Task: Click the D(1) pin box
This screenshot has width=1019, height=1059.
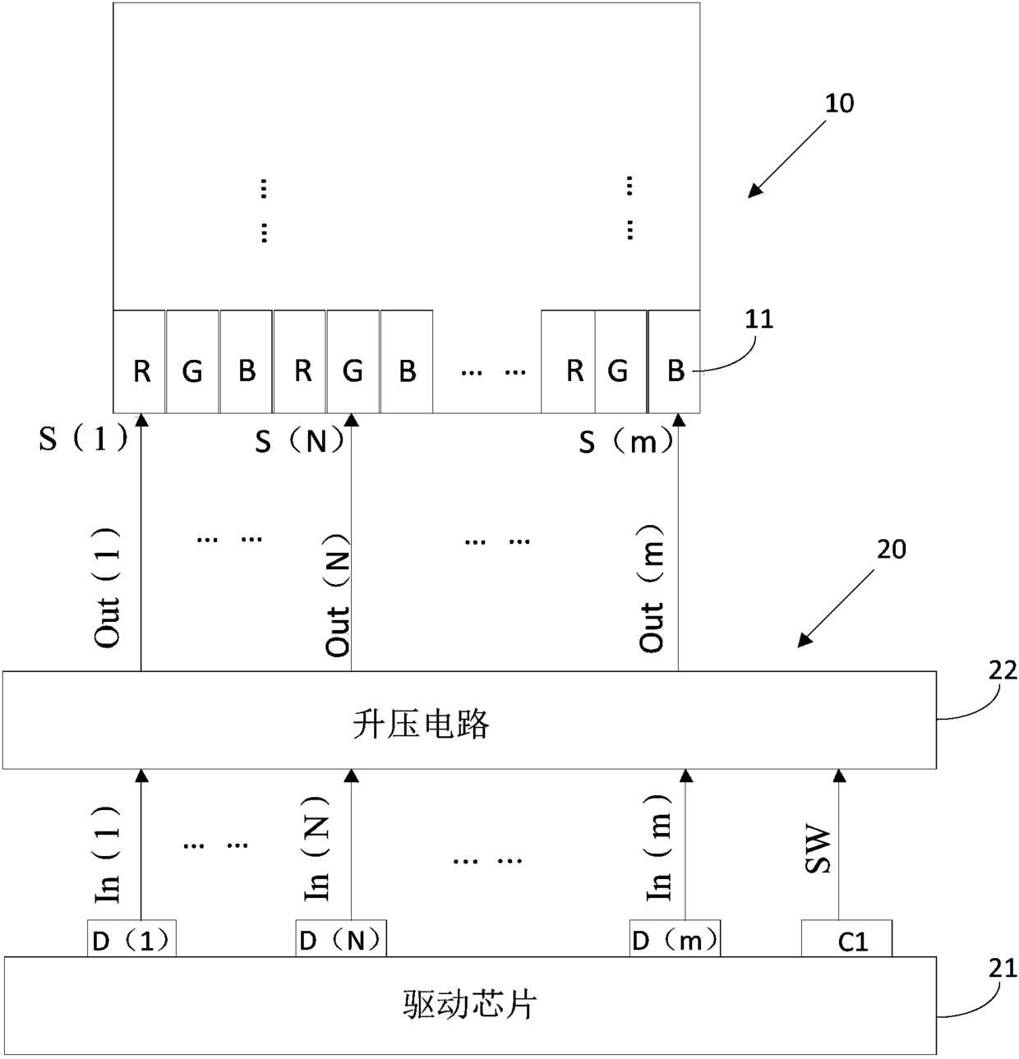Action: (x=131, y=940)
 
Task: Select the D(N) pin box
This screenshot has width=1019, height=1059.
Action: (x=341, y=940)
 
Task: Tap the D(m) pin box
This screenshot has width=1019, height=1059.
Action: (x=675, y=940)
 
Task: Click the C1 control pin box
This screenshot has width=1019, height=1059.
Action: (x=846, y=940)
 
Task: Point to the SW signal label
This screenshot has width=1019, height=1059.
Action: (x=818, y=851)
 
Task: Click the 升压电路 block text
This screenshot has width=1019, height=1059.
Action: (x=422, y=724)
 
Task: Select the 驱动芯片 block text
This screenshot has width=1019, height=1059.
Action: (x=470, y=1004)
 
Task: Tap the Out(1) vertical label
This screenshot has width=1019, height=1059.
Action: (x=108, y=587)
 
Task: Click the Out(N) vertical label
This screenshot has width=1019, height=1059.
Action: (x=338, y=595)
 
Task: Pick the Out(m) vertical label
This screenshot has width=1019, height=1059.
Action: (x=652, y=588)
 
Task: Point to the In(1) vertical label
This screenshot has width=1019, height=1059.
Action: (x=108, y=854)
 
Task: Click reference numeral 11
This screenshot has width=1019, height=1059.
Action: (x=758, y=319)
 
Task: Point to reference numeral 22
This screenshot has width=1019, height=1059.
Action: (x=1003, y=670)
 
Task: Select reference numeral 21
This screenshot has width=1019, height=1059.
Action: (x=1003, y=969)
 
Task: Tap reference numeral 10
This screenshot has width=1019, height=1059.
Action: (x=839, y=104)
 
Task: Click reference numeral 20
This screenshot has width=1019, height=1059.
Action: (x=891, y=549)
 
